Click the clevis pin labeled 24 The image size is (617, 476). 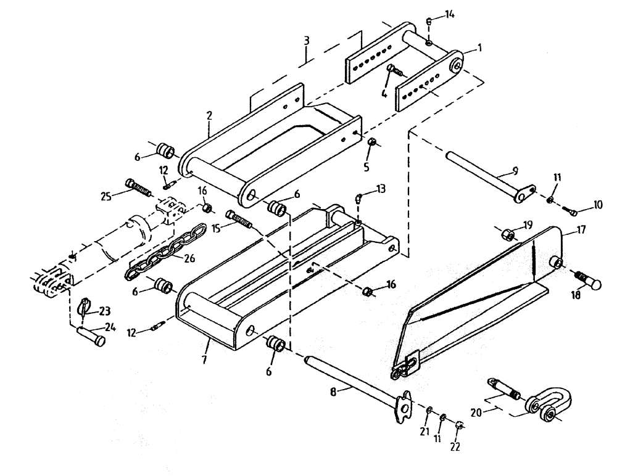93,339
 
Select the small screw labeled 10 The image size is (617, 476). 573,212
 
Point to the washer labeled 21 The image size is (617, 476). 429,409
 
